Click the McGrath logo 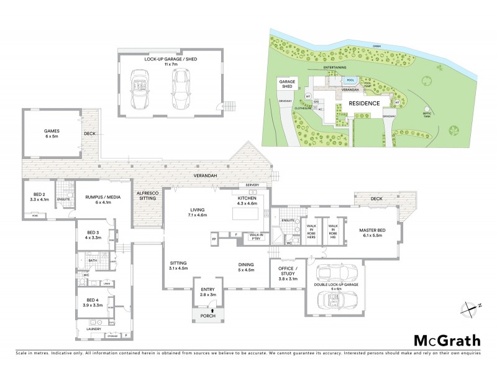tap(447, 340)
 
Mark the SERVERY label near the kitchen tap(252, 185)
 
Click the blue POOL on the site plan tap(350, 80)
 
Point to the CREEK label tap(376, 46)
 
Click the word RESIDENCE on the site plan tap(363, 103)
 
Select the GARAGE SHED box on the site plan tap(286, 85)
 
